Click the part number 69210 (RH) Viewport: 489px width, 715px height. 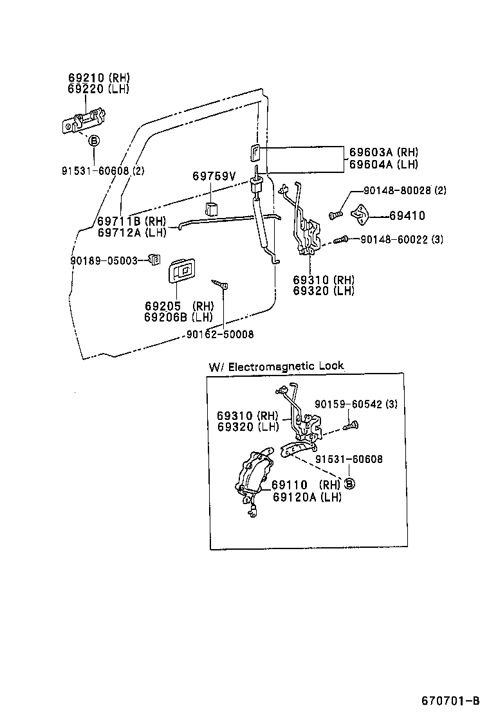98,78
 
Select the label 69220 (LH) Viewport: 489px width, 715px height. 98,89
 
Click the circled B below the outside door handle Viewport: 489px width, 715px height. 93,141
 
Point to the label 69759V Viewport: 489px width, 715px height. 214,176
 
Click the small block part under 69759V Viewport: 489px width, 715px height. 212,208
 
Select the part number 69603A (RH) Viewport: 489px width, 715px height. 383,152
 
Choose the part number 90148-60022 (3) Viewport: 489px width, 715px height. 402,239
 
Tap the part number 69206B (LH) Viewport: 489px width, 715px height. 178,317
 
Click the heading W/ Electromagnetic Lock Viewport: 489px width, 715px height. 276,366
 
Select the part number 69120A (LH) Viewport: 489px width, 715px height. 306,496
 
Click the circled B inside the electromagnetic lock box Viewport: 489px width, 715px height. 349,484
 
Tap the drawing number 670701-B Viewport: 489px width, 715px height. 450,700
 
